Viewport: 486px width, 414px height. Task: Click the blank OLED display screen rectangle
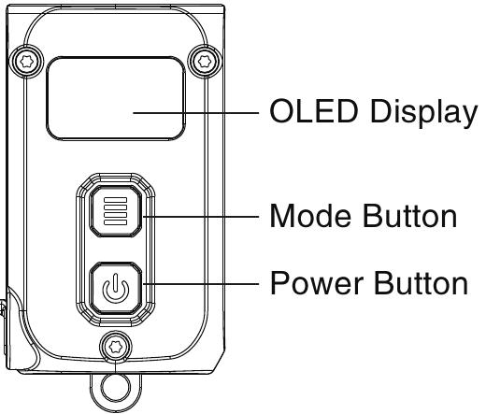pyautogui.click(x=115, y=97)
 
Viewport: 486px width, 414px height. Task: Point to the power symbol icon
pyautogui.click(x=114, y=288)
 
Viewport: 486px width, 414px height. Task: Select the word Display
pyautogui.click(x=422, y=112)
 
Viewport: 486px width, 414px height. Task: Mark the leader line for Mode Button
pyautogui.click(x=201, y=216)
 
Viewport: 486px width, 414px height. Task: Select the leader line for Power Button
pyautogui.click(x=201, y=281)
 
